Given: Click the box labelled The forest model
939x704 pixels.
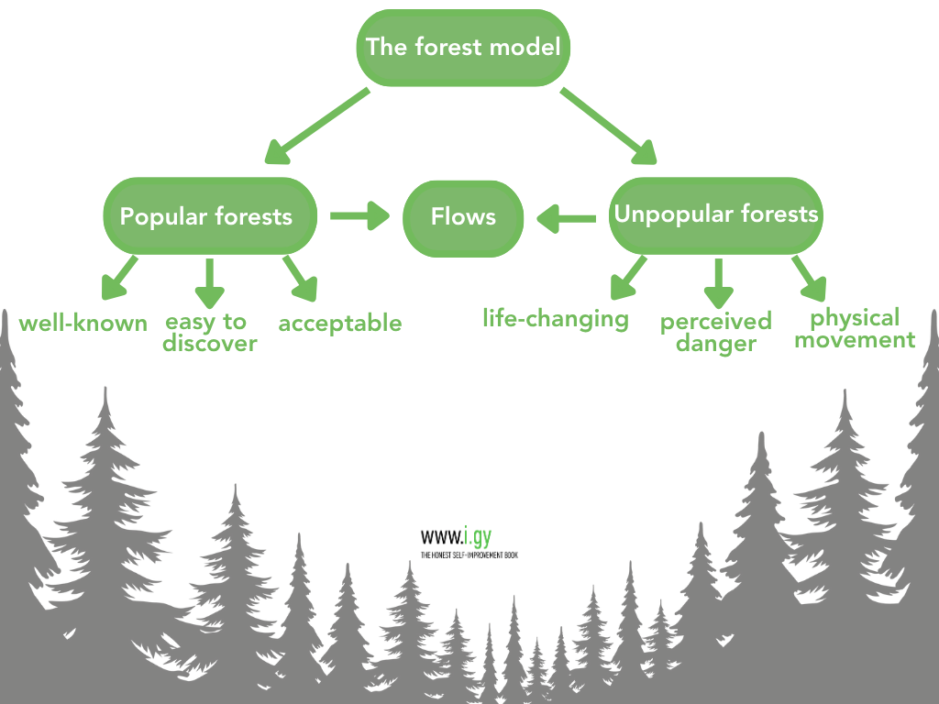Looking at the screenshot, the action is (x=463, y=48).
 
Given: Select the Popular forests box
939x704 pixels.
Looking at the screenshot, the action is (x=210, y=216).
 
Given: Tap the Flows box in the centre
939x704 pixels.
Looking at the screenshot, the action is (x=463, y=218).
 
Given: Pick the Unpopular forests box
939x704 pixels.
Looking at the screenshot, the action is (x=715, y=215).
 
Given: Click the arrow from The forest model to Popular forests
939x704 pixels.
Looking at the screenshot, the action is (x=316, y=126).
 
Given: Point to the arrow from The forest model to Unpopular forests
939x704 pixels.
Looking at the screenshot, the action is (x=609, y=126).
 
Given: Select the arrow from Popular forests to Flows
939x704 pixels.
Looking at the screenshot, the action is (x=359, y=215).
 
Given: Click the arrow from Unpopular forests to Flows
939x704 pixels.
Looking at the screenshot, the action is (x=566, y=218).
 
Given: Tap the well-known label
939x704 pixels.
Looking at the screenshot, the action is (x=83, y=324).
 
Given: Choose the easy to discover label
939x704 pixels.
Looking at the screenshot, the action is (x=210, y=333).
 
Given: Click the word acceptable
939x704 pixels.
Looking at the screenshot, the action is (x=340, y=324).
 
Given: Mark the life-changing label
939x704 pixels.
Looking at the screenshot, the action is (x=556, y=319).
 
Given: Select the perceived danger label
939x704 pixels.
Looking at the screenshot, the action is (x=716, y=332).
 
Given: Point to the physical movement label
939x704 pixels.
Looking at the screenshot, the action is (x=856, y=329).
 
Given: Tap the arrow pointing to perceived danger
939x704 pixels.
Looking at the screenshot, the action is (x=719, y=283).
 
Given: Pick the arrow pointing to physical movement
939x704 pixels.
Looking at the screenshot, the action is (x=810, y=279).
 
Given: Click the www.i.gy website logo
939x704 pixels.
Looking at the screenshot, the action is (x=457, y=536).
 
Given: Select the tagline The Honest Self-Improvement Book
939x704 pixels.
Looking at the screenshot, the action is (x=469, y=555).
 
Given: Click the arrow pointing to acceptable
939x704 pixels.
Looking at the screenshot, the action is (x=300, y=279).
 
